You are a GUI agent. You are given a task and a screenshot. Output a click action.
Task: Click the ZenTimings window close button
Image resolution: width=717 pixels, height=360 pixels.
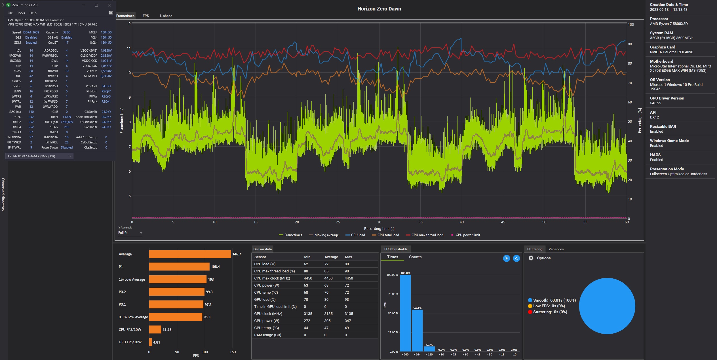(x=109, y=5)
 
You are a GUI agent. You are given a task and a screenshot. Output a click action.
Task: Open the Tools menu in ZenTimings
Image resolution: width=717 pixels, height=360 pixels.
(x=21, y=13)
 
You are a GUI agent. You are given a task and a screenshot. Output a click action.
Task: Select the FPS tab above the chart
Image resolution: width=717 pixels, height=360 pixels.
(x=146, y=16)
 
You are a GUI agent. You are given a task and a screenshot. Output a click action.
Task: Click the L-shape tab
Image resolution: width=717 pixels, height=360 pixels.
(x=166, y=16)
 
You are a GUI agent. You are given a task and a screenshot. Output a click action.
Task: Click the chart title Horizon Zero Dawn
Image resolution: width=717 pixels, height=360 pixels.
(x=379, y=9)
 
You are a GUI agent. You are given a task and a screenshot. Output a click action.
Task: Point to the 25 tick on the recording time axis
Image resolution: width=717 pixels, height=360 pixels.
(x=338, y=222)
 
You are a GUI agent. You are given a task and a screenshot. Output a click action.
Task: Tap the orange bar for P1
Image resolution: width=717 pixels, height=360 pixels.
(x=179, y=266)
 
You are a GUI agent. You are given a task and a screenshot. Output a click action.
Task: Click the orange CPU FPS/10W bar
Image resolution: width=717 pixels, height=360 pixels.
(x=155, y=329)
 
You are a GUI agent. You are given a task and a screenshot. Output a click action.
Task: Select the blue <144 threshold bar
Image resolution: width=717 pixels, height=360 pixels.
(x=417, y=331)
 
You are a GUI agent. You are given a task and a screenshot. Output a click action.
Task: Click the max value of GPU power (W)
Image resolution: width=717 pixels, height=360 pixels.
(x=348, y=321)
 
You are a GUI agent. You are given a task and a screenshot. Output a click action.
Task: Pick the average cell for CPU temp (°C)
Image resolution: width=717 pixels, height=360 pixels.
(x=326, y=293)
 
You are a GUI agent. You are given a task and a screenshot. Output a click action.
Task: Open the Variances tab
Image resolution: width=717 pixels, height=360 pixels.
(x=556, y=249)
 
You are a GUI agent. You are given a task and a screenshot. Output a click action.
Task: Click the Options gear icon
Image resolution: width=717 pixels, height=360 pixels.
(x=531, y=258)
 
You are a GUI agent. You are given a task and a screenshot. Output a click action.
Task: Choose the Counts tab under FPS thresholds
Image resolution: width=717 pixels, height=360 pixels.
(x=415, y=257)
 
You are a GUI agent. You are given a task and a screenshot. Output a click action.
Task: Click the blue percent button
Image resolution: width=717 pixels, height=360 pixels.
(x=506, y=258)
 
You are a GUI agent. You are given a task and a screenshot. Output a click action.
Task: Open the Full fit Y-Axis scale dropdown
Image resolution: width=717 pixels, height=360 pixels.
(x=130, y=233)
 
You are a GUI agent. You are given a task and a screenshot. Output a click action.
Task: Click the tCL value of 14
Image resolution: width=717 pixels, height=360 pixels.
(x=31, y=50)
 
